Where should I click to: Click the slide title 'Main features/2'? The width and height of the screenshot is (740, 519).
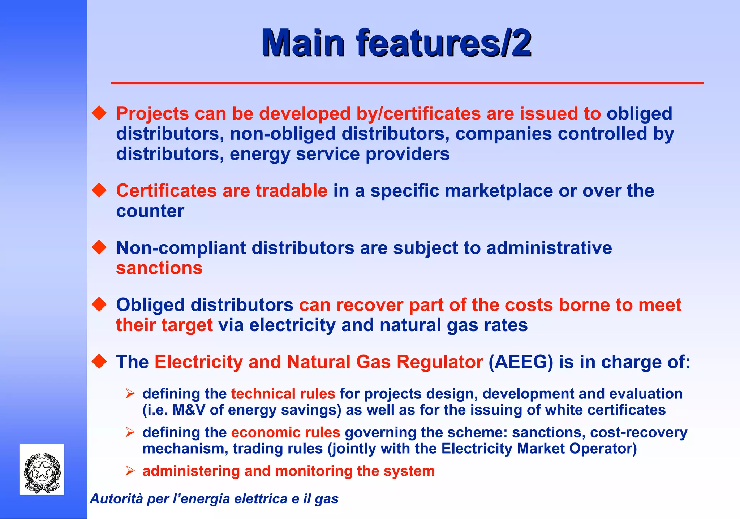tap(396, 43)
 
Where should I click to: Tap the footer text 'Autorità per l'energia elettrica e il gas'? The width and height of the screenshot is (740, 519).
tap(214, 499)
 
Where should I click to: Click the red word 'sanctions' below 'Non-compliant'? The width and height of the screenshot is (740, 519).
tap(159, 268)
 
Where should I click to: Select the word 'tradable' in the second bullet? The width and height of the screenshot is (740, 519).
tap(291, 191)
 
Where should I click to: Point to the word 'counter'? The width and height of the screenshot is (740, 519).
tap(150, 211)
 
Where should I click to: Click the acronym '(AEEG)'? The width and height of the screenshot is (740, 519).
tap(521, 362)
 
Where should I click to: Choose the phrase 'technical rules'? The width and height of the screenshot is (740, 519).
tap(283, 394)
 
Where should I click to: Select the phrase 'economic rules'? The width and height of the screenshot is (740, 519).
tap(285, 432)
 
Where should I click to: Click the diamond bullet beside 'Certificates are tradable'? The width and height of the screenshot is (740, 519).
tap(99, 190)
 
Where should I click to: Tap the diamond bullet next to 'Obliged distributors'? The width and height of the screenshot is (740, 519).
tap(99, 304)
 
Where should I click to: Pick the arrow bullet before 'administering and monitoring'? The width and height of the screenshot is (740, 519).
tap(130, 471)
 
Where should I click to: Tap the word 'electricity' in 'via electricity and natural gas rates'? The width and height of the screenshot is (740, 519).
tap(292, 325)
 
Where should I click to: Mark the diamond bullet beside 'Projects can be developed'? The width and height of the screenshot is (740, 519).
tap(99, 113)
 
